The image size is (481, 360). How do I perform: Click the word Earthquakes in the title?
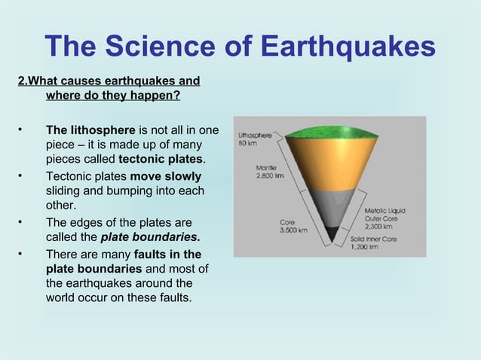[348, 47]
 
